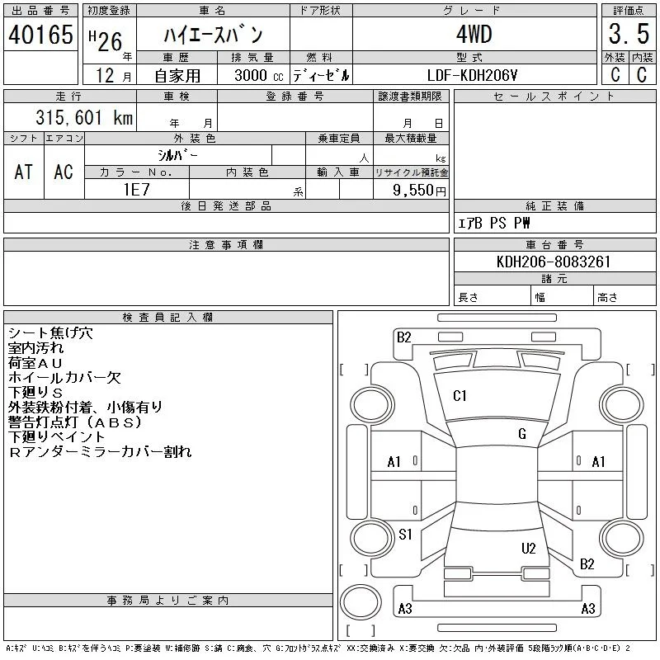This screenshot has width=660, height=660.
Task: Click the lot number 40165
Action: pos(40,35)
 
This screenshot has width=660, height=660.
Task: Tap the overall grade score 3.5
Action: pos(629,34)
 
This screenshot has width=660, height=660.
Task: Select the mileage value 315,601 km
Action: pos(84,117)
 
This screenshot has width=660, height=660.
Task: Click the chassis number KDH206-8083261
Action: pos(554,262)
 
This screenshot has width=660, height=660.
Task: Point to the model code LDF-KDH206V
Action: pos(472,75)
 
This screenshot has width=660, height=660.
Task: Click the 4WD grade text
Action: pos(474,34)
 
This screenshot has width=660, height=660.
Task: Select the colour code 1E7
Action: pos(136,190)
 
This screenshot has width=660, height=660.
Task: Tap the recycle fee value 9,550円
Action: pos(419,191)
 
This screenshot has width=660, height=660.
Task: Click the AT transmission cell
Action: pos(24,172)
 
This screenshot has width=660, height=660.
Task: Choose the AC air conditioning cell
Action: pos(64,172)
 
